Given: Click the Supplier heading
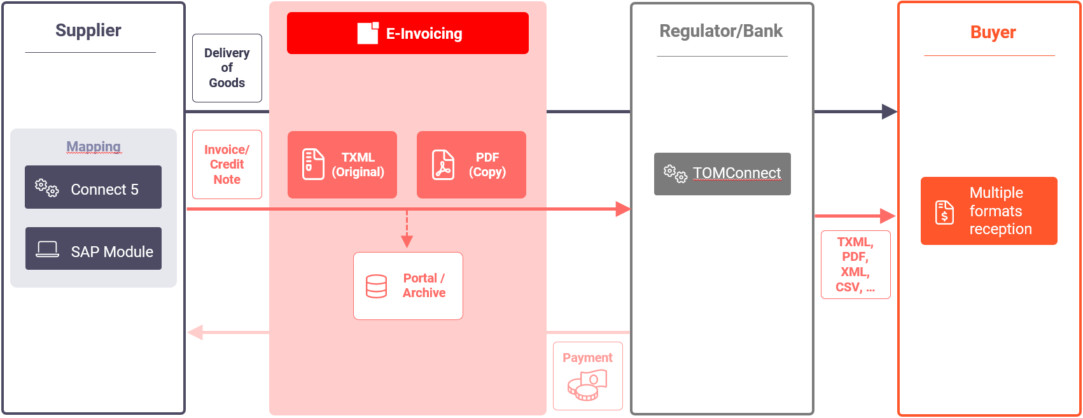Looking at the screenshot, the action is tap(88, 31).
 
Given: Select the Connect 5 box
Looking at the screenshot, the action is tap(94, 187).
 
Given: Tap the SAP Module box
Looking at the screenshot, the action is tap(94, 248).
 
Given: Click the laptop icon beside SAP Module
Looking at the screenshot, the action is tap(47, 249).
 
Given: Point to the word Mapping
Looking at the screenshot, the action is tap(94, 146).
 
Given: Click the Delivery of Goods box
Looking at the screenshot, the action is tap(227, 68).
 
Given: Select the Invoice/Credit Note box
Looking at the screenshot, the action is tap(227, 164).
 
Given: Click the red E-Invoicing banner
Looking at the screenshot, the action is tap(408, 33).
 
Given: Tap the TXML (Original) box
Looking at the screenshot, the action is tap(342, 165).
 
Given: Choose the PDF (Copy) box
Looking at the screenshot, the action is tap(472, 165).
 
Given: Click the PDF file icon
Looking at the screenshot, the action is tap(443, 165).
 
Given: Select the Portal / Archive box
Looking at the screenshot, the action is tap(408, 286).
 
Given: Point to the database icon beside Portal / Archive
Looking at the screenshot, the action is tap(376, 286).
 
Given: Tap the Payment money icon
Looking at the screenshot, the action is tap(587, 386).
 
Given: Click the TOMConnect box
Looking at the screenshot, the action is tap(722, 174).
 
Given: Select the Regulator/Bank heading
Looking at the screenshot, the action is tap(721, 31).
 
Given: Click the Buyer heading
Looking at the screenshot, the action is tap(993, 32).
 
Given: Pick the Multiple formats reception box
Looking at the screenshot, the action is tap(989, 211).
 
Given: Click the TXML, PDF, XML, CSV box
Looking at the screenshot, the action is tap(856, 265).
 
